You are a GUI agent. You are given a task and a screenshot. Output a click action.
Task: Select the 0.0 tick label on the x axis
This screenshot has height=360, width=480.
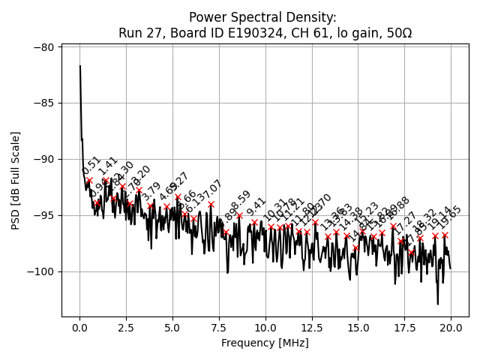(x=79, y=328)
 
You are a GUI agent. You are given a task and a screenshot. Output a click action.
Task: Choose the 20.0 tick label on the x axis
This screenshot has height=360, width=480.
(x=451, y=328)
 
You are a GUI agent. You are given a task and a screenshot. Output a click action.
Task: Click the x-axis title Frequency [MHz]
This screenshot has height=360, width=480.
(x=265, y=343)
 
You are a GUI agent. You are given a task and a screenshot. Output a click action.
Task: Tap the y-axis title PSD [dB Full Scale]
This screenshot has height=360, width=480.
(x=15, y=180)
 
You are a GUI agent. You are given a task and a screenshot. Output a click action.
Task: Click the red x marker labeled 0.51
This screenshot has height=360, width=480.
(x=89, y=180)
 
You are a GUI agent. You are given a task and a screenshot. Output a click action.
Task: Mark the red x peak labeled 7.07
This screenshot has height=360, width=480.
(x=211, y=204)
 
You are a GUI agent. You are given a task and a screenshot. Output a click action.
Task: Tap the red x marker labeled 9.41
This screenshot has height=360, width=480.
(x=254, y=222)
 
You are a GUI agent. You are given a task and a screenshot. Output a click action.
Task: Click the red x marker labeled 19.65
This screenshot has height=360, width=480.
(x=445, y=235)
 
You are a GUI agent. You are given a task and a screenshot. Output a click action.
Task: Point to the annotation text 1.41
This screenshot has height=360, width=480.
(x=108, y=165)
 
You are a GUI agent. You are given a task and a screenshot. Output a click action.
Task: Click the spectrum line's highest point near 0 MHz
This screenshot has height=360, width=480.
(x=80, y=66)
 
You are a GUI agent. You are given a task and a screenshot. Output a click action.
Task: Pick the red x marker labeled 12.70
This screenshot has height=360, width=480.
(x=315, y=222)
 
